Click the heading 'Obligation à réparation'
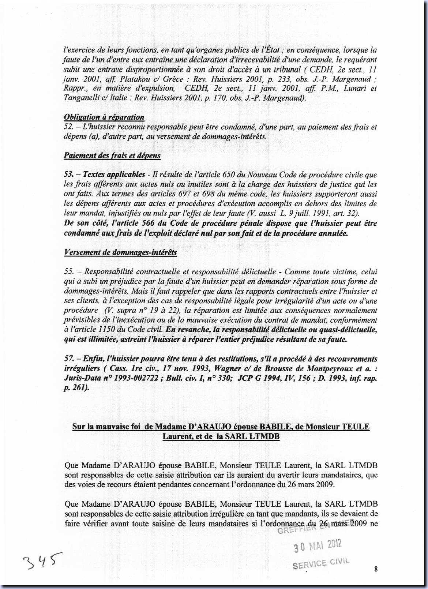(104, 117)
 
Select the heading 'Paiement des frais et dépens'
(112, 155)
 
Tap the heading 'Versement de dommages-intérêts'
(120, 252)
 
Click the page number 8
(376, 569)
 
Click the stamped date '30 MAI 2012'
(318, 546)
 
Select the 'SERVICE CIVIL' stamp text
(321, 563)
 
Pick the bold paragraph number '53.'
(69, 175)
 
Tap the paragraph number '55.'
(69, 272)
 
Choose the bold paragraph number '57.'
(69, 359)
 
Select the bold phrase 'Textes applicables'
(114, 175)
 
